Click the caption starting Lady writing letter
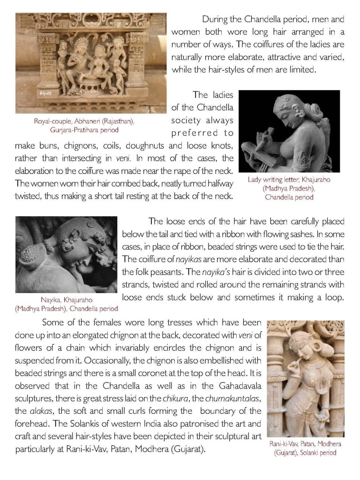pos(288,188)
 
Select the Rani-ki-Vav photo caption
pos(305,448)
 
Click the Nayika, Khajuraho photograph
pos(66,255)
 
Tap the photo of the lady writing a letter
pos(289,132)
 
